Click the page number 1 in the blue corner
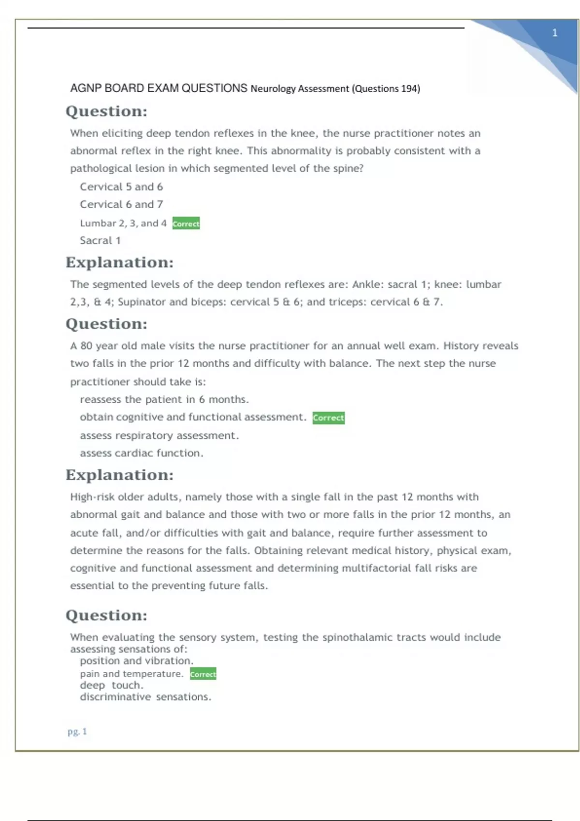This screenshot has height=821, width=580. click(x=554, y=33)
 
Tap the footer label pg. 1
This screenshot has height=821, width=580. click(x=77, y=731)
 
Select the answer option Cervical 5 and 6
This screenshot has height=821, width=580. click(x=121, y=187)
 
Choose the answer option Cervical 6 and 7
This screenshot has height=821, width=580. click(x=121, y=204)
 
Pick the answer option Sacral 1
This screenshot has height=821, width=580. click(x=100, y=241)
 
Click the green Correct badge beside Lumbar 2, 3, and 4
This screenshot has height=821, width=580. click(x=186, y=224)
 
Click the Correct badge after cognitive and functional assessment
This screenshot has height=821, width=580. click(x=329, y=418)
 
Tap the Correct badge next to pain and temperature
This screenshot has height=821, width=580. click(x=203, y=674)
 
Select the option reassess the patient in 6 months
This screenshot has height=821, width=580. click(x=164, y=399)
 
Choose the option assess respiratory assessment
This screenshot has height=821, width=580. click(x=159, y=436)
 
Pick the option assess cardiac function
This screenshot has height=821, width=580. click(x=142, y=453)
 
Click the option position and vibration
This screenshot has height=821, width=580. click(x=137, y=661)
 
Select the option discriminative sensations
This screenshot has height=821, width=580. click(x=145, y=697)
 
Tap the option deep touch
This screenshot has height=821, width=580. click(x=112, y=685)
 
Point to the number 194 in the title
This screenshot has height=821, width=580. click(x=408, y=89)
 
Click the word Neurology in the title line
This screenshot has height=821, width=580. click(x=273, y=89)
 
